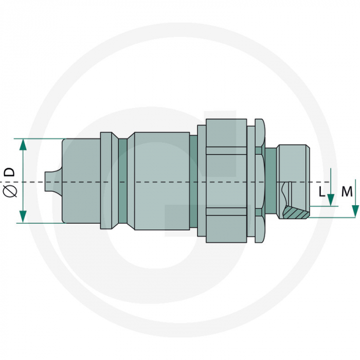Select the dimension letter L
(x=321, y=192)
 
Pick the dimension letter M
(x=347, y=192)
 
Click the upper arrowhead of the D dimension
(x=23, y=144)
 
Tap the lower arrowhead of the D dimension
(x=23, y=217)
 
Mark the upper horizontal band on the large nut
(x=226, y=151)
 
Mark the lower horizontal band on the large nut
(x=226, y=211)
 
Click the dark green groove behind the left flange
(x=122, y=181)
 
